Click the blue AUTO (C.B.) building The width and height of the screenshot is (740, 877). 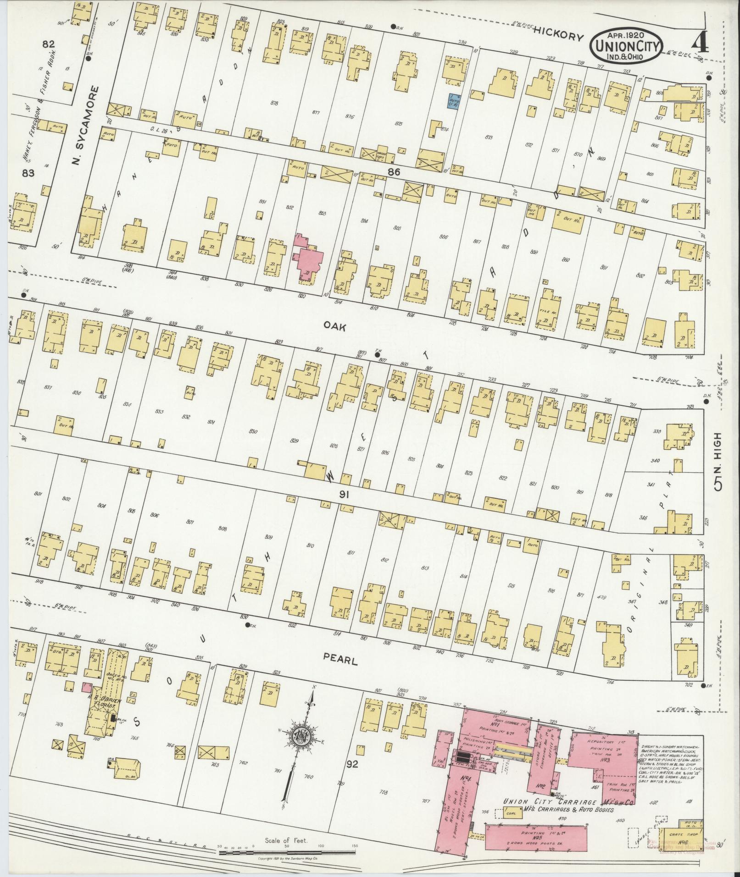pyautogui.click(x=453, y=102)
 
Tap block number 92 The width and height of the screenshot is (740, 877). pyautogui.click(x=352, y=764)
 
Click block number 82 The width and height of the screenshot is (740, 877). pyautogui.click(x=48, y=44)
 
